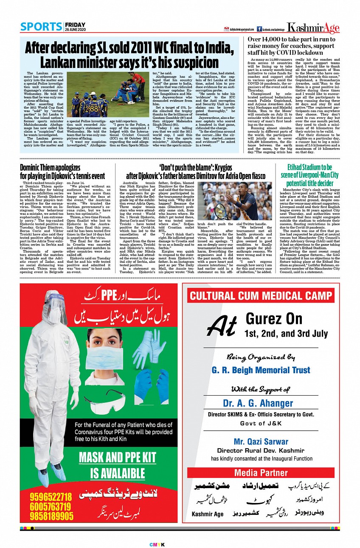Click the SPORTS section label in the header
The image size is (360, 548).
(41, 26)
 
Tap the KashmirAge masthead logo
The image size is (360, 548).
(313, 28)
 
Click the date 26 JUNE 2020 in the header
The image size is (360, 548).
(75, 29)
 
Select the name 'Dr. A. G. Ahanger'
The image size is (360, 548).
(258, 403)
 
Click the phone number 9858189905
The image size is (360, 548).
(51, 516)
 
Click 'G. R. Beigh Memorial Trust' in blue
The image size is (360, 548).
(261, 370)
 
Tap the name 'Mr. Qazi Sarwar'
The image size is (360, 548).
(261, 441)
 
